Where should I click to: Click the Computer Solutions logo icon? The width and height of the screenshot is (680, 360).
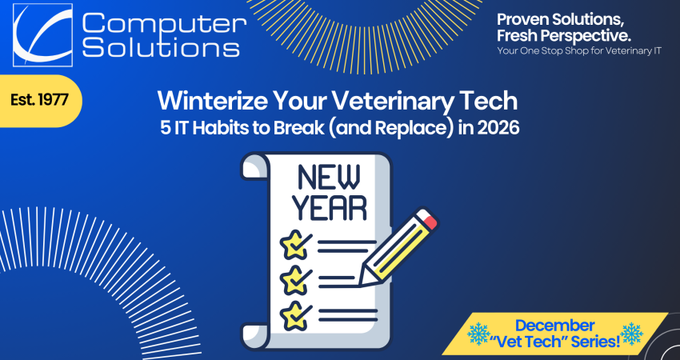point(42,34)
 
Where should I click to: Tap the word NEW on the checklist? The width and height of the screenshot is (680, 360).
point(328,174)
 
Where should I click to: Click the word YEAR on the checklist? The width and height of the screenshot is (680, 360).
point(329,207)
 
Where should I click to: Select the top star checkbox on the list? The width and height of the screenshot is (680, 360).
point(293,243)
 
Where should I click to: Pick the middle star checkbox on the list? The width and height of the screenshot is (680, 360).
point(293,277)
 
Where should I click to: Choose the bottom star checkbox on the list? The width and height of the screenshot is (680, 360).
point(293,310)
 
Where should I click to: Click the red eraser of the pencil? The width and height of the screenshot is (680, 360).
point(430,219)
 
